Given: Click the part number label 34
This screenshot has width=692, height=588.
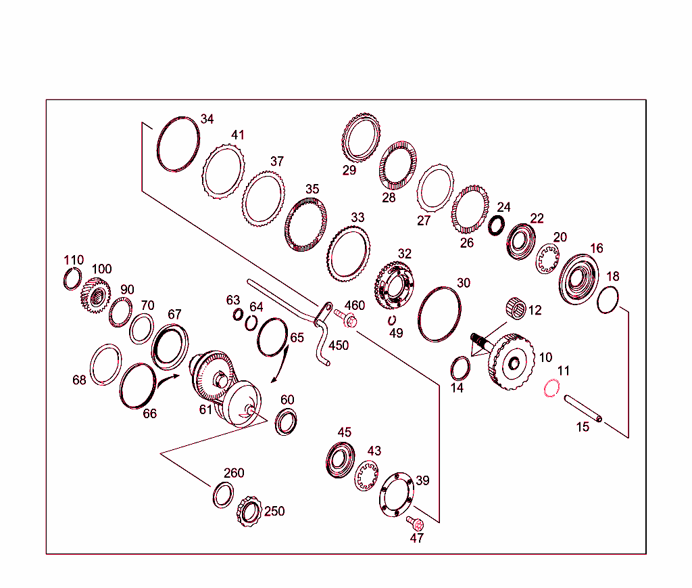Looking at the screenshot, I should click(207, 119).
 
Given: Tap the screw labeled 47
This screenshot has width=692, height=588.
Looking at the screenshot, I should click(415, 523).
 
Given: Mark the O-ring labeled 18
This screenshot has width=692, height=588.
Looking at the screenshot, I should click(608, 300).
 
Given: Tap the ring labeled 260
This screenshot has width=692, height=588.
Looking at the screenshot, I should click(222, 495).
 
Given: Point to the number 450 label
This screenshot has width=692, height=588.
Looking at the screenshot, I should click(339, 346).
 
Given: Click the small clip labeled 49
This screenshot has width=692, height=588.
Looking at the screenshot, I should click(392, 320).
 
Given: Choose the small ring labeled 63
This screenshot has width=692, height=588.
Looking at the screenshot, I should click(238, 315).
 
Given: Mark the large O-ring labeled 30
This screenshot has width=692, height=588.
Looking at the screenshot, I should click(440, 313).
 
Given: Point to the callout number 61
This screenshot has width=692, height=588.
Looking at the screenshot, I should click(205, 409).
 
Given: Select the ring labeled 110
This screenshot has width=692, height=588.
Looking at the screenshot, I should click(72, 278).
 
